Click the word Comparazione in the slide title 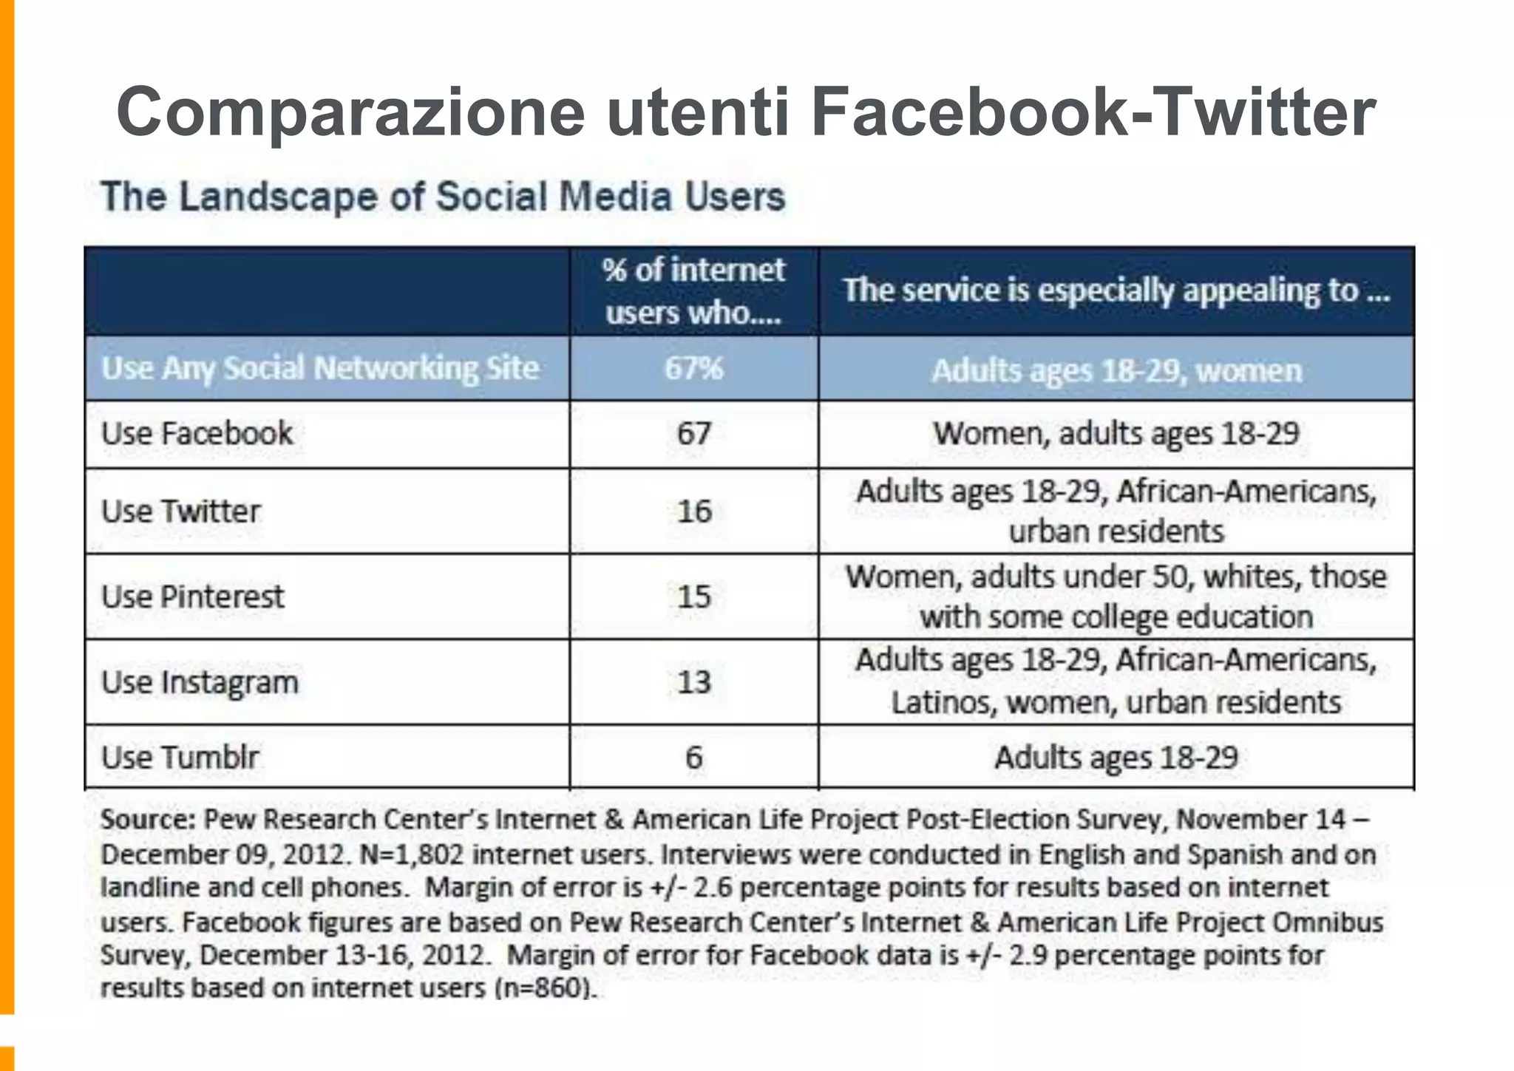click(x=350, y=112)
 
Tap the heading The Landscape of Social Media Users click(x=443, y=197)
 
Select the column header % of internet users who click(x=693, y=291)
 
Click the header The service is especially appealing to click(x=1116, y=290)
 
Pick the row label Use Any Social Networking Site click(x=320, y=368)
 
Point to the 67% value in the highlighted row click(x=693, y=368)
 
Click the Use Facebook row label click(x=197, y=434)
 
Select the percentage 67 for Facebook click(x=693, y=434)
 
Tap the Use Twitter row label click(x=181, y=511)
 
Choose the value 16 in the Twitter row click(x=694, y=511)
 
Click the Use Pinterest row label click(x=192, y=596)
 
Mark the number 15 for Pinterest click(x=694, y=596)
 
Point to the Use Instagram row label click(x=200, y=682)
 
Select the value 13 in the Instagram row click(x=693, y=682)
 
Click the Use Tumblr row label click(x=180, y=758)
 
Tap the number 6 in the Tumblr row click(x=693, y=758)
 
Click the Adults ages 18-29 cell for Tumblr click(x=1116, y=758)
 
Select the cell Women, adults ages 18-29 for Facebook click(x=1116, y=434)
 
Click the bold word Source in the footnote click(x=147, y=820)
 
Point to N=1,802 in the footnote click(x=411, y=854)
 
